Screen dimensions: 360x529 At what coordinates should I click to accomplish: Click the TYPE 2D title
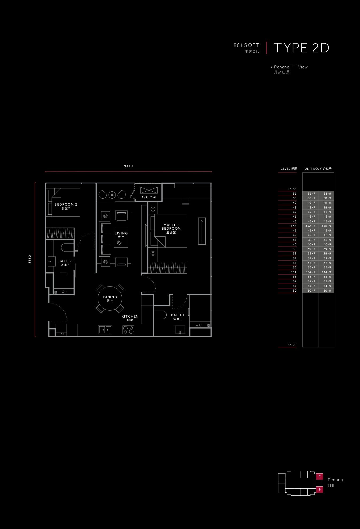coord(301,48)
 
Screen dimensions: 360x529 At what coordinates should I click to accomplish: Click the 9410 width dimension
coord(128,166)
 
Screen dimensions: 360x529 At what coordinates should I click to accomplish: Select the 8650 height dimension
coord(30,259)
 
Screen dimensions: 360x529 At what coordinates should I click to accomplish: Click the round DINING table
coord(110,298)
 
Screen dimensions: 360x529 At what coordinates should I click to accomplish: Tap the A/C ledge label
coord(148,197)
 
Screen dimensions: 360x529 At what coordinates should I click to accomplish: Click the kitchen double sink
coord(105,330)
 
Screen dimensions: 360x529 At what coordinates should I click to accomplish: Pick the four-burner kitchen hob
coord(128,330)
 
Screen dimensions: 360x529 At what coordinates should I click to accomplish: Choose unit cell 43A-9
coord(326,226)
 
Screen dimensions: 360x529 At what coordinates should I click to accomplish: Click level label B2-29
coord(292,345)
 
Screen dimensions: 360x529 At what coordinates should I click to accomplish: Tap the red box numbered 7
coord(320,476)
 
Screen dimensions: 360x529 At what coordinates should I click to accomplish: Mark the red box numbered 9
coord(320,489)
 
